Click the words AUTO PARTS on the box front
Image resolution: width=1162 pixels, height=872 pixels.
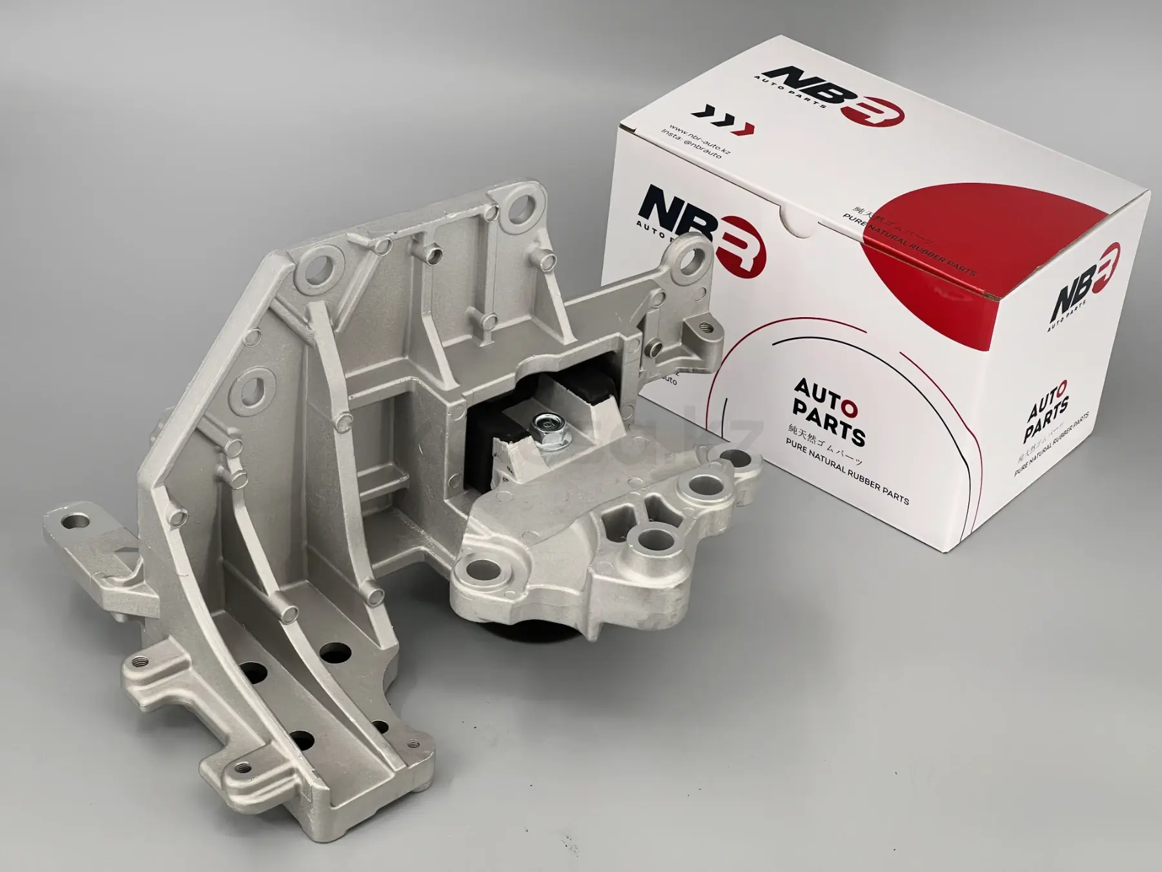(x=828, y=413)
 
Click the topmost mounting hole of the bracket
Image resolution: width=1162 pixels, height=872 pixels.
(x=524, y=204)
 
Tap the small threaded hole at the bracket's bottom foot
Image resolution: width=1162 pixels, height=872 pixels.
(x=243, y=767)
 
